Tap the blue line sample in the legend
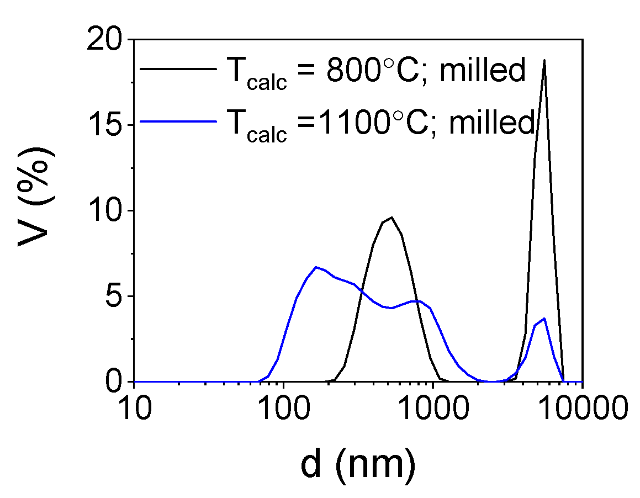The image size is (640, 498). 177,120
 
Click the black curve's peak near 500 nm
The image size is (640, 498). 392,218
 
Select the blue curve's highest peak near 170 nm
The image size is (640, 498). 315,267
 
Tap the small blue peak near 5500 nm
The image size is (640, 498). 544,319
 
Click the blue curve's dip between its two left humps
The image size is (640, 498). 392,308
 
